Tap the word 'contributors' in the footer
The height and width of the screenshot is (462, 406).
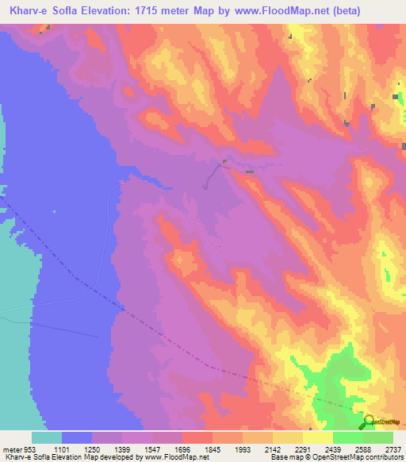click(x=384, y=456)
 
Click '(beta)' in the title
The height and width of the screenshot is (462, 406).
click(x=346, y=11)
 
